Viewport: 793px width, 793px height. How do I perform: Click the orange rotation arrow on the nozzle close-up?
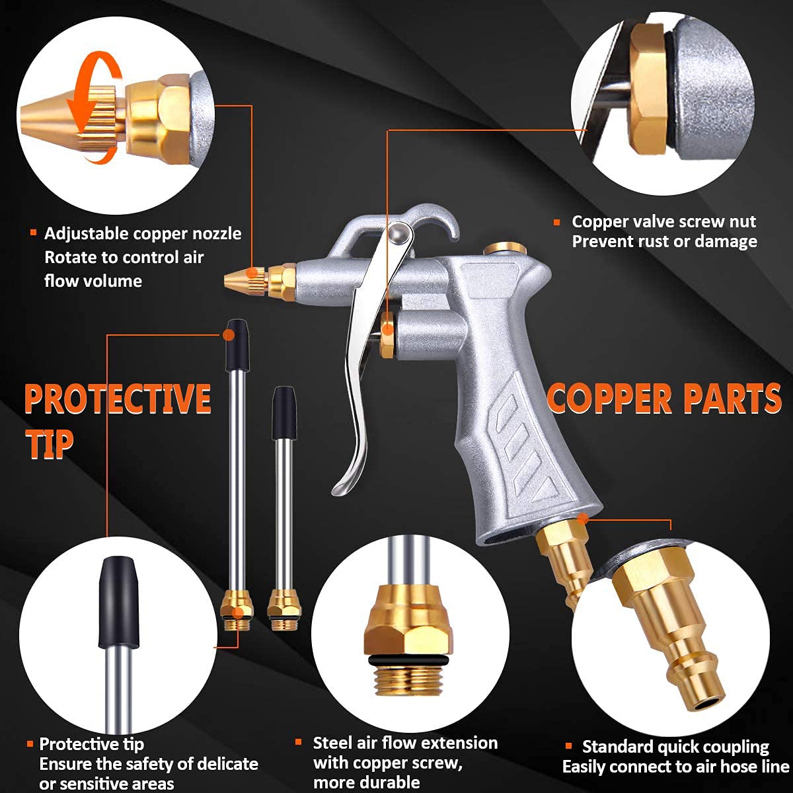99,99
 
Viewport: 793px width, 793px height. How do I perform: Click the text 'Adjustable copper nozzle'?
143,234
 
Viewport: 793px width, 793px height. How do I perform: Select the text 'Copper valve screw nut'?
663,222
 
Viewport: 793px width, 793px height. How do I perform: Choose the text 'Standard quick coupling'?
675,747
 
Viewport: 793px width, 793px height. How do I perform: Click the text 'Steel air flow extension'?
405,743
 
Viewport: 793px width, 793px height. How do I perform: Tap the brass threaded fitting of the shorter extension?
280,607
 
